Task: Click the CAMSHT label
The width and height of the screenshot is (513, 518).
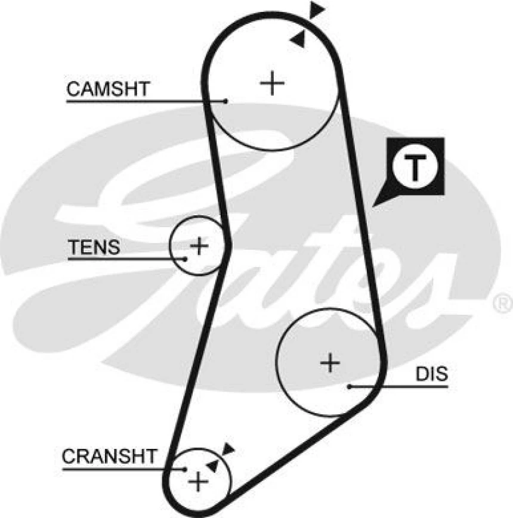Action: tap(107, 89)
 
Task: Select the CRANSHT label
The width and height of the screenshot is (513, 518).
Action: tap(109, 457)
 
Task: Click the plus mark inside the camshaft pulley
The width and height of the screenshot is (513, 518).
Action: tap(273, 83)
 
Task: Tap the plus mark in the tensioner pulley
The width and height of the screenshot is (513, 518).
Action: tap(199, 245)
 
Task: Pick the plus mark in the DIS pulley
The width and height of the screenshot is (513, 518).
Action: tap(329, 362)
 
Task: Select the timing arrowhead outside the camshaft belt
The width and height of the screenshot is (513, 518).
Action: tap(317, 9)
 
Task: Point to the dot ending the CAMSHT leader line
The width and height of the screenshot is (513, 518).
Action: tap(226, 101)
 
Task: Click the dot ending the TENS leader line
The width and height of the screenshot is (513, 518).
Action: tap(186, 258)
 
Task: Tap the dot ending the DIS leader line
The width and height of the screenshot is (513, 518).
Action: tap(350, 386)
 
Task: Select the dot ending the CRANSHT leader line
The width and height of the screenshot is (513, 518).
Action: tap(184, 469)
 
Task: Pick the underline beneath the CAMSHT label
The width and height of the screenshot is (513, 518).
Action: tap(143, 101)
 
